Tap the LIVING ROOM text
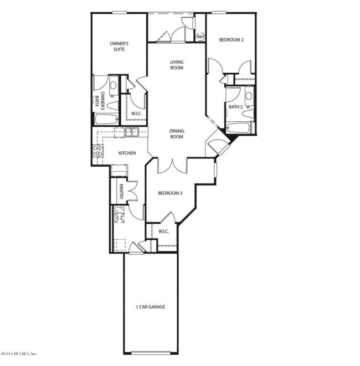[x=176, y=65]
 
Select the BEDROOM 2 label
[x=231, y=40]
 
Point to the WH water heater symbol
[x=200, y=37]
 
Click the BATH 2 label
[x=235, y=106]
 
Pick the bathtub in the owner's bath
[x=106, y=118]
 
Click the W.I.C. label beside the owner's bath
[x=136, y=115]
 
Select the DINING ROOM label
[x=176, y=133]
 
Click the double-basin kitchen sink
[x=131, y=132]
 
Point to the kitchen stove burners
[x=96, y=151]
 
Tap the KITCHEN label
[x=127, y=153]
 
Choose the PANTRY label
[x=120, y=192]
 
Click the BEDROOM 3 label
[x=170, y=193]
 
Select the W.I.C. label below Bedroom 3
[x=163, y=231]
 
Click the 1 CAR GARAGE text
[x=150, y=306]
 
